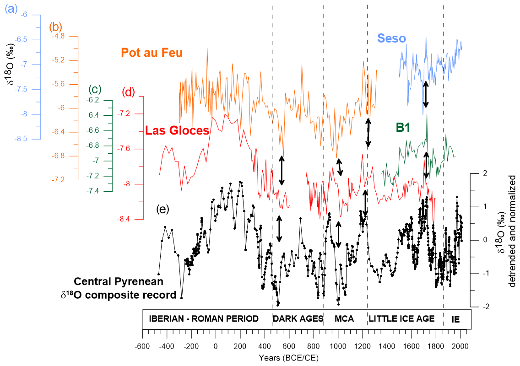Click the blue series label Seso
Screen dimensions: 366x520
point(391,38)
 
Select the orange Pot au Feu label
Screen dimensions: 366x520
point(152,53)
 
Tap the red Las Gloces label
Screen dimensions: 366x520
point(177,131)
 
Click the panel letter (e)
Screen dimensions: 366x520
point(162,210)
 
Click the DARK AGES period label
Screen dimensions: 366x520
point(298,318)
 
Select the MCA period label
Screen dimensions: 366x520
point(344,318)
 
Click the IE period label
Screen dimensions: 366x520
point(455,318)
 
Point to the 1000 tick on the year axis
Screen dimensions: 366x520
point(338,346)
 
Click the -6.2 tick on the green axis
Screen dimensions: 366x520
point(93,100)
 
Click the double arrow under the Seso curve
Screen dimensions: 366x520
point(426,94)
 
